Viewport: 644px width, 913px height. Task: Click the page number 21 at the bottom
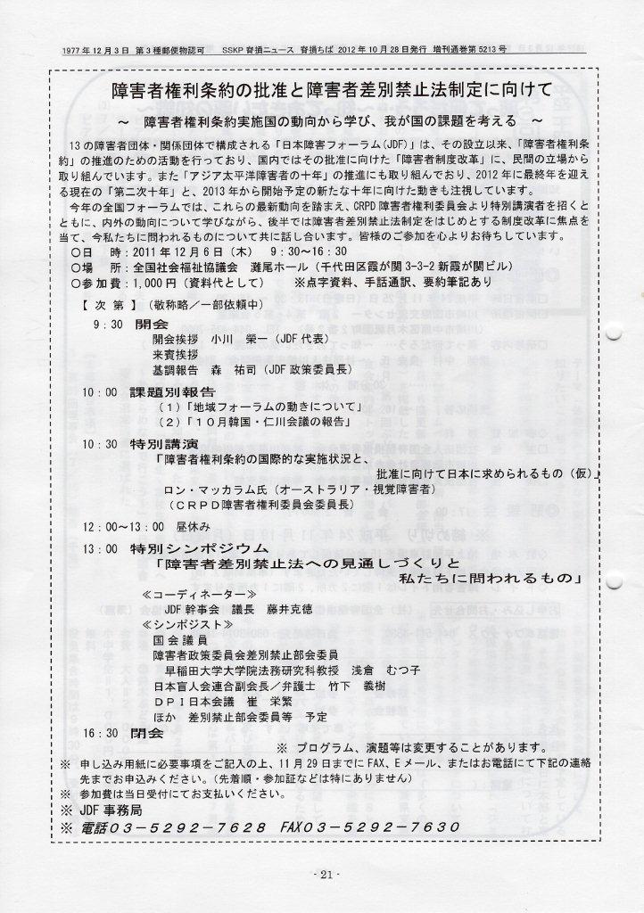click(323, 875)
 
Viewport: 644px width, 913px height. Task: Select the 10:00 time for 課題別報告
click(99, 391)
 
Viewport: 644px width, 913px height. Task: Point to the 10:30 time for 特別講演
click(99, 443)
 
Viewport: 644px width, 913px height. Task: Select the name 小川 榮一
click(234, 340)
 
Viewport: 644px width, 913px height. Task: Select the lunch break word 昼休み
click(196, 527)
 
